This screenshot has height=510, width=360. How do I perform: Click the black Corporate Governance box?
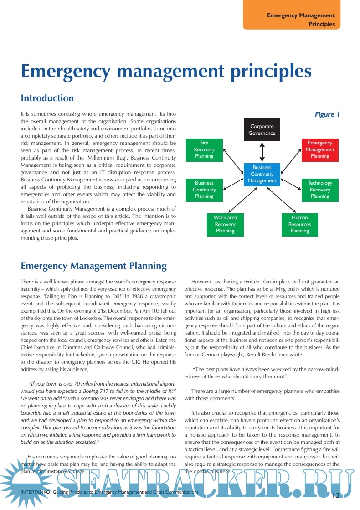262,129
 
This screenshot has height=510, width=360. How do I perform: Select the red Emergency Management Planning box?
320,149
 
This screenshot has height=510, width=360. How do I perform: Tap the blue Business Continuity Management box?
262,174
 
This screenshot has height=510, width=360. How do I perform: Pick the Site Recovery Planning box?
204,149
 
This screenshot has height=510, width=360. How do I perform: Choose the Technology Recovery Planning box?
320,190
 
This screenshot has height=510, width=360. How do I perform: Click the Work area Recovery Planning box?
225,224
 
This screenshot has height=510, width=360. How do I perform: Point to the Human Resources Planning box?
299,224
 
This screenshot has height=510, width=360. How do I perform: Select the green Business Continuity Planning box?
204,190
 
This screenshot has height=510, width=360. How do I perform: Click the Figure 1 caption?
327,114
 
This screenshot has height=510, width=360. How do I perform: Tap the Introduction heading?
47,98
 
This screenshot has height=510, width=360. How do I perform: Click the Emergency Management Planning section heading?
94,266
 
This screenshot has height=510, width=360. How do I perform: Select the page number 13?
336,495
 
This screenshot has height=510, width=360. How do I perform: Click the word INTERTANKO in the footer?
37,493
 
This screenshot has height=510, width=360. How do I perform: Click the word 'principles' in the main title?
269,72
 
